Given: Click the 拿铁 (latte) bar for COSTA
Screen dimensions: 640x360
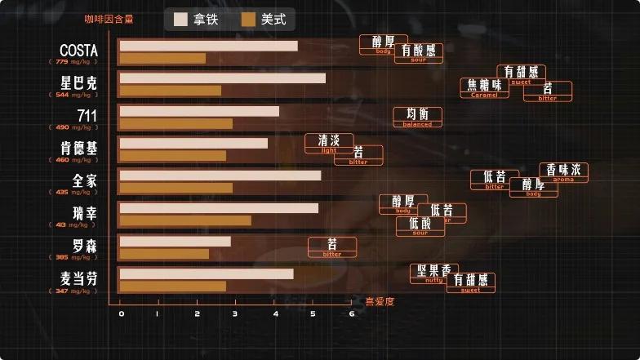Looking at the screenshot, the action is pos(208,46).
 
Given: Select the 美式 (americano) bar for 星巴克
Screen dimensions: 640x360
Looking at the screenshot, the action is pos(170,91).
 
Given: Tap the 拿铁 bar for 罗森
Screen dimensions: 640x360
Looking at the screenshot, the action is pos(175,242).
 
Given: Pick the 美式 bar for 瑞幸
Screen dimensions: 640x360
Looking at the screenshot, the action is pos(185,220).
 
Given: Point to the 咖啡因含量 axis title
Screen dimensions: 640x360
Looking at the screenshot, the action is pos(109,18).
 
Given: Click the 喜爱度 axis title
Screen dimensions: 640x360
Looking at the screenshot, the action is pos(380,301).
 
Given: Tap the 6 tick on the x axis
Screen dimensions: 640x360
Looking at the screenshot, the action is pos(352,314).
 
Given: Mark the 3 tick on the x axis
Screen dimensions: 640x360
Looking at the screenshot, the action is pos(236,314).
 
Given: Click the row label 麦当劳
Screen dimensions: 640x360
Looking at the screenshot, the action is pos(78,278).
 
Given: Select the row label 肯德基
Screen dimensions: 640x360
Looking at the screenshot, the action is pos(78,148).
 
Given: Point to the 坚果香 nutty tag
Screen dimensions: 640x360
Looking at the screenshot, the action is pos(434,273).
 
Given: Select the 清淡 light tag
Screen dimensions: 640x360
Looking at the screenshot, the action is pos(329,143).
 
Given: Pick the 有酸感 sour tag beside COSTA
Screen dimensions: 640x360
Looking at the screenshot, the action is pos(419,53).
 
